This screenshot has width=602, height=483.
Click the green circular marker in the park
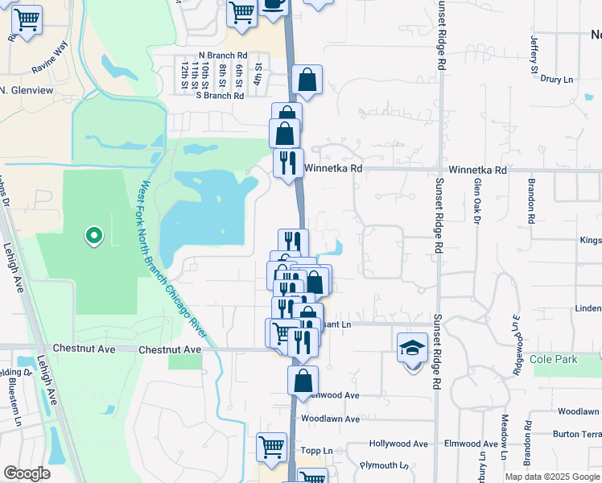click(94, 236)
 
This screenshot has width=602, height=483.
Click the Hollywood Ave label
click(398, 444)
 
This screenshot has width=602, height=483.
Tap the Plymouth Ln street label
click(384, 465)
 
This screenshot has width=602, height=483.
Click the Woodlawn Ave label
click(330, 419)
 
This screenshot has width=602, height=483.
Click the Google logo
click(27, 473)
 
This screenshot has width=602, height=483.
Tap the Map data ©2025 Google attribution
click(553, 477)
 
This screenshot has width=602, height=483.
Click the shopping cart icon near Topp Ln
click(272, 446)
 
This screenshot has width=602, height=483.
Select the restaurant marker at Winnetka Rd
click(288, 163)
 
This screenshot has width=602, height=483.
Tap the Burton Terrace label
click(578, 434)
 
